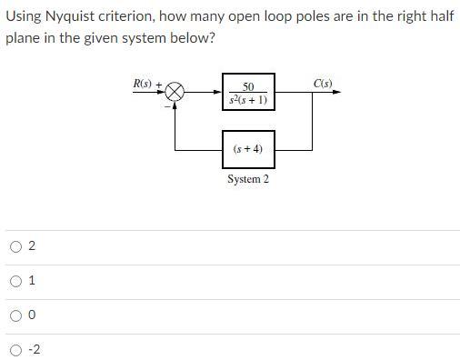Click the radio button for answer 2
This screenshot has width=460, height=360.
pyautogui.click(x=16, y=246)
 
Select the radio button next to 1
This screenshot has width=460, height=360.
pyautogui.click(x=16, y=281)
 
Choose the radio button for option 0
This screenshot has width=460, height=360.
pyautogui.click(x=16, y=315)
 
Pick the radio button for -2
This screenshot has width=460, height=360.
pyautogui.click(x=16, y=350)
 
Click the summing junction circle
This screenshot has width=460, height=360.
pyautogui.click(x=175, y=91)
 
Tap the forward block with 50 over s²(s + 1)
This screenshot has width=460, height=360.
pyautogui.click(x=248, y=92)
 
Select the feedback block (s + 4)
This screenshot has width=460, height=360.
pyautogui.click(x=248, y=148)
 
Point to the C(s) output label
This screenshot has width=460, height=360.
pyautogui.click(x=323, y=84)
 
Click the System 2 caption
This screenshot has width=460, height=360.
pyautogui.click(x=248, y=179)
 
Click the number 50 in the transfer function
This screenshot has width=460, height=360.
pyautogui.click(x=248, y=86)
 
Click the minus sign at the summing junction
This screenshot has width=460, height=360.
pyautogui.click(x=168, y=104)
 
